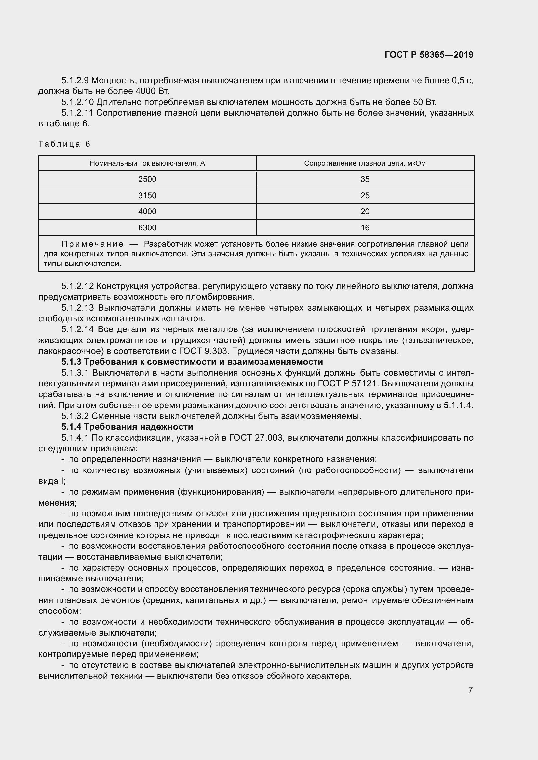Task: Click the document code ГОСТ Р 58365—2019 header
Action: pos(429,55)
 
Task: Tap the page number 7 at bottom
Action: pos(470,690)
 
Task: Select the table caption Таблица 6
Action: pos(64,144)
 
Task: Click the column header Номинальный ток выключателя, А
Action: pos(147,163)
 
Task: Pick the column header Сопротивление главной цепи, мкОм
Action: pos(365,163)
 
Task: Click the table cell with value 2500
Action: pos(147,179)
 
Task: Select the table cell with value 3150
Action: pos(147,195)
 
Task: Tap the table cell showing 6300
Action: pos(147,228)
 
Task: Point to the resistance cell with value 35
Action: pos(365,179)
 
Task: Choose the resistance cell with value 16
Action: pos(365,228)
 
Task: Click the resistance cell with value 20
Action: pos(365,212)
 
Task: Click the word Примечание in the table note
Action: pos(93,244)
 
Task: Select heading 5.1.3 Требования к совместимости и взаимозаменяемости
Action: pos(192,361)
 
